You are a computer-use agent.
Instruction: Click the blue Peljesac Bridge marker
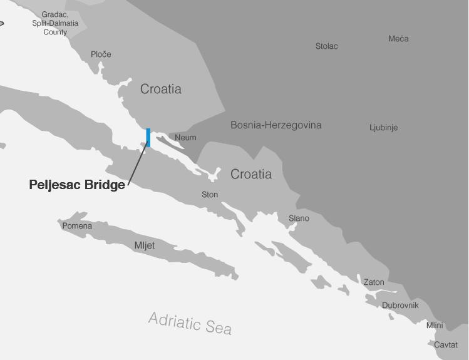tap(148, 138)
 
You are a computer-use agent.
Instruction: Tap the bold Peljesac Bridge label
tap(77, 185)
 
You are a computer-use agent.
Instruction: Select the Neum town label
tap(185, 138)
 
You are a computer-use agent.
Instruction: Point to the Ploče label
tap(101, 54)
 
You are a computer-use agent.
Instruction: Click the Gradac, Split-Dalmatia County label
tap(55, 23)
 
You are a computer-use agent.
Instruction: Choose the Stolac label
tap(326, 46)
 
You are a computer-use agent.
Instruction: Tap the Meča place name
tap(398, 39)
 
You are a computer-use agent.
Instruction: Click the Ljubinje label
tap(383, 128)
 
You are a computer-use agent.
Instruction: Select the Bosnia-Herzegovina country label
tap(276, 125)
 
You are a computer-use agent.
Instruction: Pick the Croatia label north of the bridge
tap(161, 89)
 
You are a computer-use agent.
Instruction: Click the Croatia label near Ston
tap(251, 174)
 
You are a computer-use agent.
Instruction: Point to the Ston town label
tap(210, 195)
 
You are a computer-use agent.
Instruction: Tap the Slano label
tap(299, 219)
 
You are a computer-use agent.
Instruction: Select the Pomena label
tap(77, 226)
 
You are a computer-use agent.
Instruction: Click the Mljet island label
tap(145, 245)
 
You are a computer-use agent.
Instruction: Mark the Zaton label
tap(374, 282)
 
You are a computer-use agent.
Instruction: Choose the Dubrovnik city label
tap(400, 306)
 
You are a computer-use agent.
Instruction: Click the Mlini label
tap(435, 326)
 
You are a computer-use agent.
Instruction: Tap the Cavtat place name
tap(446, 345)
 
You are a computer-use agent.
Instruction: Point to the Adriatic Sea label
tap(190, 323)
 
